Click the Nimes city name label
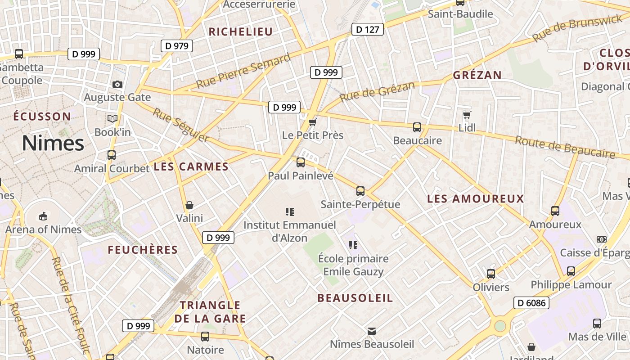pyautogui.click(x=53, y=143)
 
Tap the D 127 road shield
pyautogui.click(x=367, y=30)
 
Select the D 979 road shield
pyautogui.click(x=177, y=45)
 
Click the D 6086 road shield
pyautogui.click(x=531, y=303)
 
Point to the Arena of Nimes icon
pyautogui.click(x=43, y=216)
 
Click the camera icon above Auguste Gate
pyautogui.click(x=117, y=84)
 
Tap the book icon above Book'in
pyautogui.click(x=112, y=118)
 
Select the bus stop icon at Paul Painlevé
pyautogui.click(x=300, y=162)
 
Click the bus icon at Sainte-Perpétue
pyautogui.click(x=360, y=191)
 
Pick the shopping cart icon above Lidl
pyautogui.click(x=467, y=115)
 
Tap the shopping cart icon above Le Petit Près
pyautogui.click(x=312, y=122)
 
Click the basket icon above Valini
pyautogui.click(x=189, y=205)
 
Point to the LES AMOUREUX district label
pyautogui.click(x=476, y=198)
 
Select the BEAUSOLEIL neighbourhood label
pyautogui.click(x=355, y=298)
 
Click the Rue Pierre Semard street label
pyautogui.click(x=243, y=72)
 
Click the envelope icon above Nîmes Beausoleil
pyautogui.click(x=372, y=331)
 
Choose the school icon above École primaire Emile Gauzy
pyautogui.click(x=353, y=245)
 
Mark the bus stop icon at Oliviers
pyautogui.click(x=491, y=274)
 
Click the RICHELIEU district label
pyautogui.click(x=241, y=31)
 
